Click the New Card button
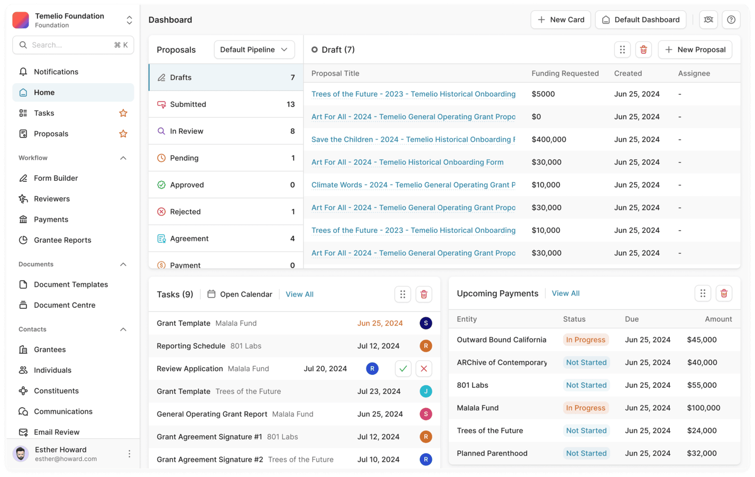pyautogui.click(x=561, y=20)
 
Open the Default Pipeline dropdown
pyautogui.click(x=254, y=49)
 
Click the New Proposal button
pyautogui.click(x=695, y=49)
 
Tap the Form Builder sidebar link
pyautogui.click(x=56, y=178)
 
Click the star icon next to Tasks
pyautogui.click(x=123, y=113)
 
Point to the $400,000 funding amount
pyautogui.click(x=549, y=140)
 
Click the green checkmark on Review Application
pyautogui.click(x=403, y=369)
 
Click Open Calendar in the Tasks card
pyautogui.click(x=240, y=294)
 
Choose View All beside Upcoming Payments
pyautogui.click(x=566, y=293)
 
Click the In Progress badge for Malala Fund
pyautogui.click(x=585, y=408)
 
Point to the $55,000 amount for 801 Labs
pyautogui.click(x=702, y=385)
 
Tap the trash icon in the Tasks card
pyautogui.click(x=424, y=294)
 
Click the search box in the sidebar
pyautogui.click(x=73, y=45)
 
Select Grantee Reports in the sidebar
pyautogui.click(x=62, y=240)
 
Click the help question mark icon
pyautogui.click(x=731, y=20)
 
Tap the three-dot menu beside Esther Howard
pyautogui.click(x=129, y=454)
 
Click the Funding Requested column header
pyautogui.click(x=565, y=73)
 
